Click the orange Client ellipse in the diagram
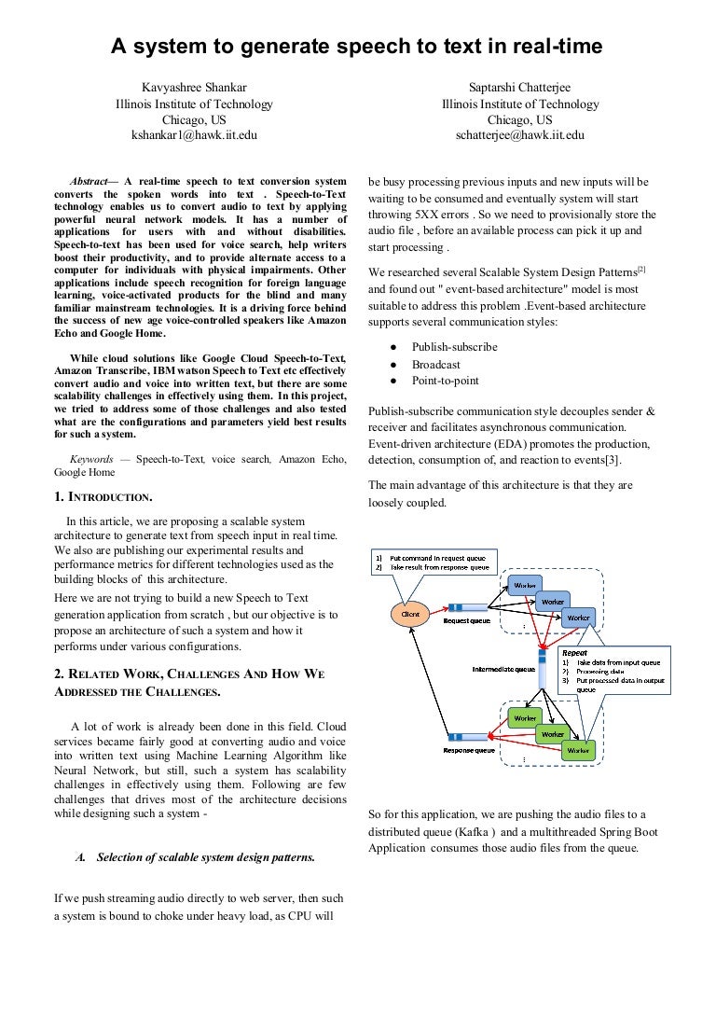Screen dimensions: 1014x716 pyautogui.click(x=409, y=614)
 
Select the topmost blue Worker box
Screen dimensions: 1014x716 pyautogui.click(x=525, y=585)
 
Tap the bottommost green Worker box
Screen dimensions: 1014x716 pyautogui.click(x=578, y=750)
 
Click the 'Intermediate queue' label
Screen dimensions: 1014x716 pyautogui.click(x=503, y=669)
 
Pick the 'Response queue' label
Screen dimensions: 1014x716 pyautogui.click(x=468, y=750)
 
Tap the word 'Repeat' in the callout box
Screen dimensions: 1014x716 pyautogui.click(x=574, y=653)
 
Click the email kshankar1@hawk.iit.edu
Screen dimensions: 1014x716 pyautogui.click(x=194, y=135)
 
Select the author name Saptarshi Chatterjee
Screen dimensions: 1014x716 pyautogui.click(x=520, y=88)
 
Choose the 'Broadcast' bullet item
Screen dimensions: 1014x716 pyautogui.click(x=436, y=365)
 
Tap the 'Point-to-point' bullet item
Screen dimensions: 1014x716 pyautogui.click(x=446, y=381)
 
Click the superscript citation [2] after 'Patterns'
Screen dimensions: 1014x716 pyautogui.click(x=641, y=270)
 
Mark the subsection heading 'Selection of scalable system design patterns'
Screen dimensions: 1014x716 pyautogui.click(x=205, y=857)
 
